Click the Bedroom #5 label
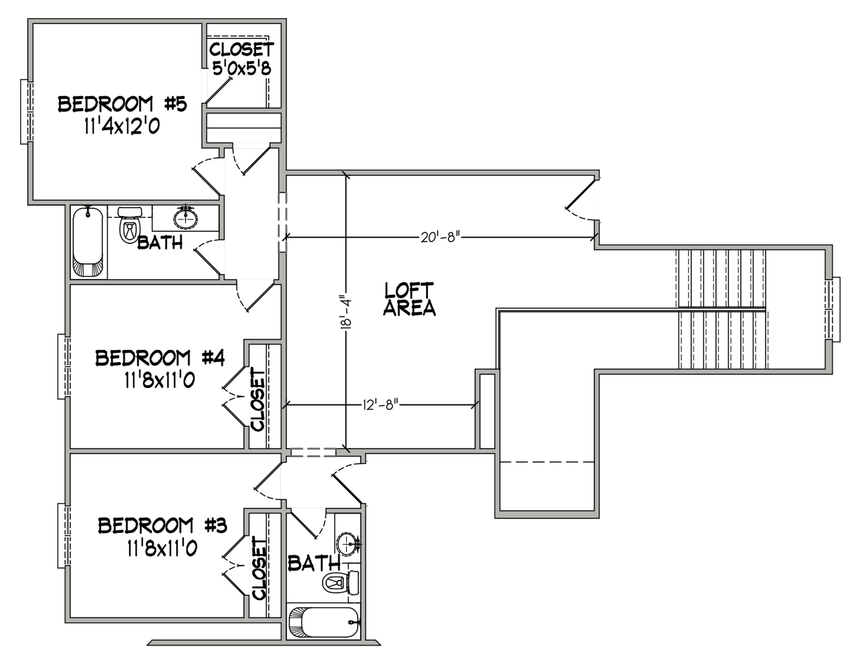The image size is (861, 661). pyautogui.click(x=122, y=104)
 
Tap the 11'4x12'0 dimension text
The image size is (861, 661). pyautogui.click(x=122, y=126)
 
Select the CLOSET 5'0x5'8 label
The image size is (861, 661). pyautogui.click(x=242, y=58)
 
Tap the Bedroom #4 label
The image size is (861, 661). pyautogui.click(x=160, y=358)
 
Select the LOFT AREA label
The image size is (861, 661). pyautogui.click(x=409, y=299)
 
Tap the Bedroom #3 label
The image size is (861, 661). pyautogui.click(x=162, y=526)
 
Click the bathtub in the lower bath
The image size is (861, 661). pyautogui.click(x=324, y=622)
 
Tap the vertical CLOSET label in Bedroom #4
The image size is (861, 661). pyautogui.click(x=258, y=399)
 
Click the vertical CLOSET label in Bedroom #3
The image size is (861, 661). pyautogui.click(x=259, y=568)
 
